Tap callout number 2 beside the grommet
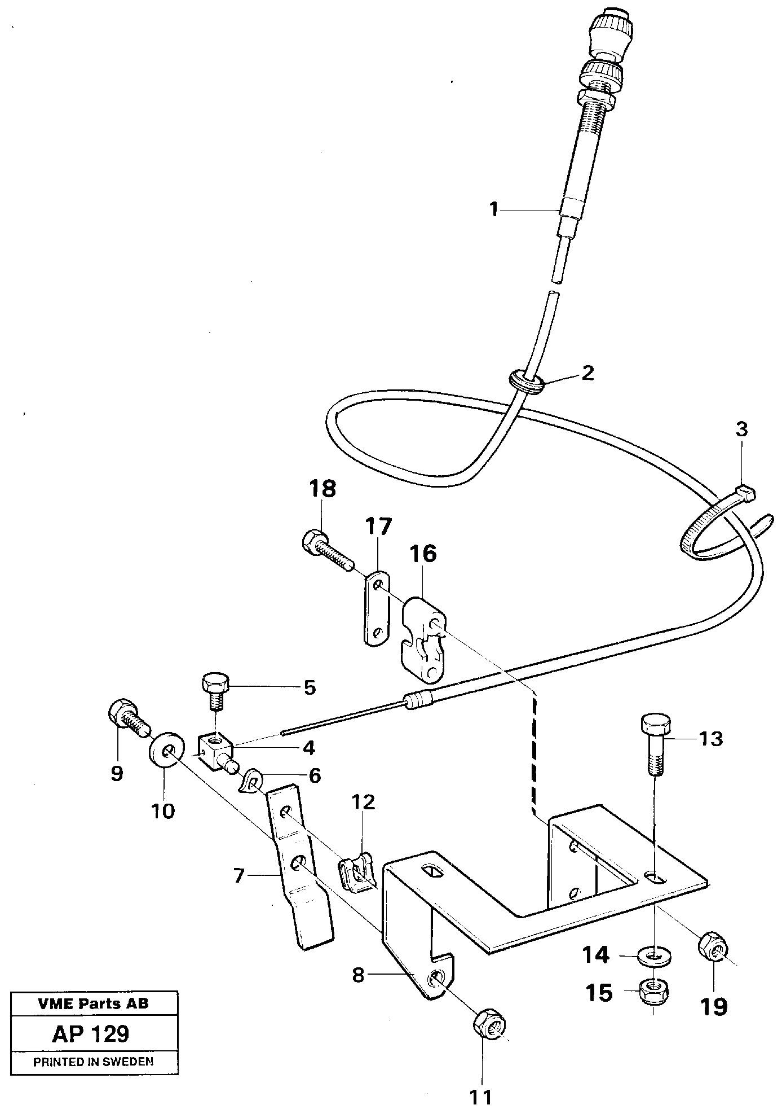[587, 372]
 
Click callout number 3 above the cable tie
[741, 429]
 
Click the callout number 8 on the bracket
[359, 975]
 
